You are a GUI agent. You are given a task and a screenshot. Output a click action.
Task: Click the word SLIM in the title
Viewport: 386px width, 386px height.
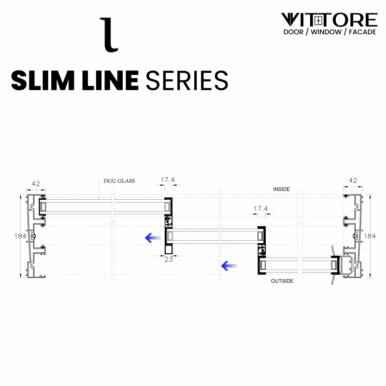point(41,80)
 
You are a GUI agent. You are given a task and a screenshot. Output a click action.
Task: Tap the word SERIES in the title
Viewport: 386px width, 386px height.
point(186,80)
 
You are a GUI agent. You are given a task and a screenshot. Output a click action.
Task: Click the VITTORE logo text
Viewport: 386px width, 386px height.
point(329,20)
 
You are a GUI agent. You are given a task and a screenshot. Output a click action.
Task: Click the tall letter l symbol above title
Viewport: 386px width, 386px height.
point(109,34)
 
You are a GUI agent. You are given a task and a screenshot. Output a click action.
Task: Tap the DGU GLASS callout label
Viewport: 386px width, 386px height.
point(119,181)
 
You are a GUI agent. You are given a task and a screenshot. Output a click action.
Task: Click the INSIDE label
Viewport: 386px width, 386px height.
point(281,189)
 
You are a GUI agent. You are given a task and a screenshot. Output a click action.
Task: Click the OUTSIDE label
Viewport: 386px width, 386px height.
point(282,281)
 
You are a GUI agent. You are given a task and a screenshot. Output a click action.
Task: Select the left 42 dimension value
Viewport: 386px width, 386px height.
point(36,183)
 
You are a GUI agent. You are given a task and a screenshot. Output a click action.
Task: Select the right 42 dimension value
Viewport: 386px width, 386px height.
point(352,180)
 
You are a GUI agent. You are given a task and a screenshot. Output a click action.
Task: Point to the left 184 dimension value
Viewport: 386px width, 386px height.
point(20,236)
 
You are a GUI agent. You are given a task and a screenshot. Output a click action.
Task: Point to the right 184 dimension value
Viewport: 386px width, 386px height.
point(370,236)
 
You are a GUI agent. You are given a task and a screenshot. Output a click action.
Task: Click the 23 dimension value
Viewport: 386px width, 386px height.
point(169,259)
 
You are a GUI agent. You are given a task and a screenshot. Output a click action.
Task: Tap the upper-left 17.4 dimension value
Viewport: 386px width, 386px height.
point(167,179)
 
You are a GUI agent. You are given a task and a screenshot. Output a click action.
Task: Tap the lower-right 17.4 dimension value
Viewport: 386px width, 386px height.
point(260,209)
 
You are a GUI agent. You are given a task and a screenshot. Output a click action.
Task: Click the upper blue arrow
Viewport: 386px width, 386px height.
point(153,237)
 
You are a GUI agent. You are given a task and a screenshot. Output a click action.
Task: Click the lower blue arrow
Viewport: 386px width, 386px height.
point(229,265)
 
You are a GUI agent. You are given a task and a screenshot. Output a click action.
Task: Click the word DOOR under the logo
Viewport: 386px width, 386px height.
point(293,32)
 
